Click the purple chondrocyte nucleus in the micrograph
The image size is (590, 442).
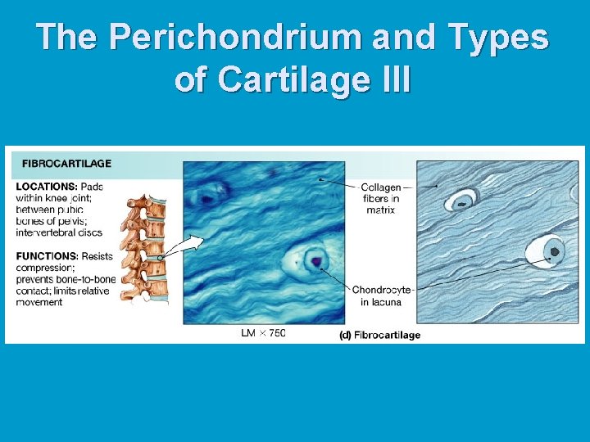316,261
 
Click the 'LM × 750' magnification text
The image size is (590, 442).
263,333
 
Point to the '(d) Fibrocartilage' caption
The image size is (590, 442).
379,335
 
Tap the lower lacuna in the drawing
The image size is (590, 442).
551,251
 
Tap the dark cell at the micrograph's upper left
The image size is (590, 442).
211,194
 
